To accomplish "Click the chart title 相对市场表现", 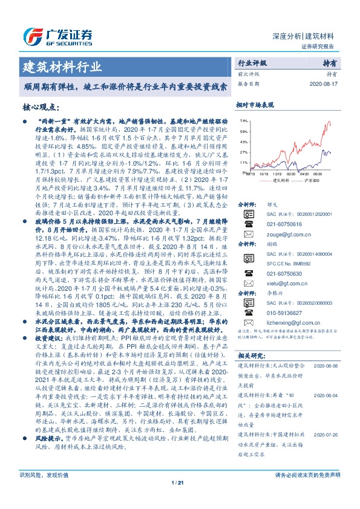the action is [255, 105].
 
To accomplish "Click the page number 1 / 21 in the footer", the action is [180, 499].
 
